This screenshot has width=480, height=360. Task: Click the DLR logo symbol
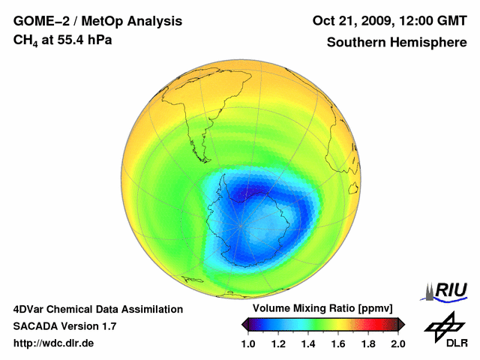(442, 325)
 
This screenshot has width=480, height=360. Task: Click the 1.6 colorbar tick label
(337, 343)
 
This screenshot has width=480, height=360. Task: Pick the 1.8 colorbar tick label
(367, 343)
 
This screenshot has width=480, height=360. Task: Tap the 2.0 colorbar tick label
(397, 343)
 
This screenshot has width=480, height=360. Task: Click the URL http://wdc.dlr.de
(54, 343)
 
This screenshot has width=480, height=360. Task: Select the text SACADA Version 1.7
(64, 326)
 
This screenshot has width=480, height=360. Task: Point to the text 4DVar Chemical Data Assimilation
(97, 309)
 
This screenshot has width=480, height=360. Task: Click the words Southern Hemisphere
(396, 43)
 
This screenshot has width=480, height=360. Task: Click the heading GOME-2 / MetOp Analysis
(97, 20)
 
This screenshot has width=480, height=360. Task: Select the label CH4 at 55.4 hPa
(63, 40)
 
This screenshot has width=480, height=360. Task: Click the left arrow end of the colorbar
(244, 324)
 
